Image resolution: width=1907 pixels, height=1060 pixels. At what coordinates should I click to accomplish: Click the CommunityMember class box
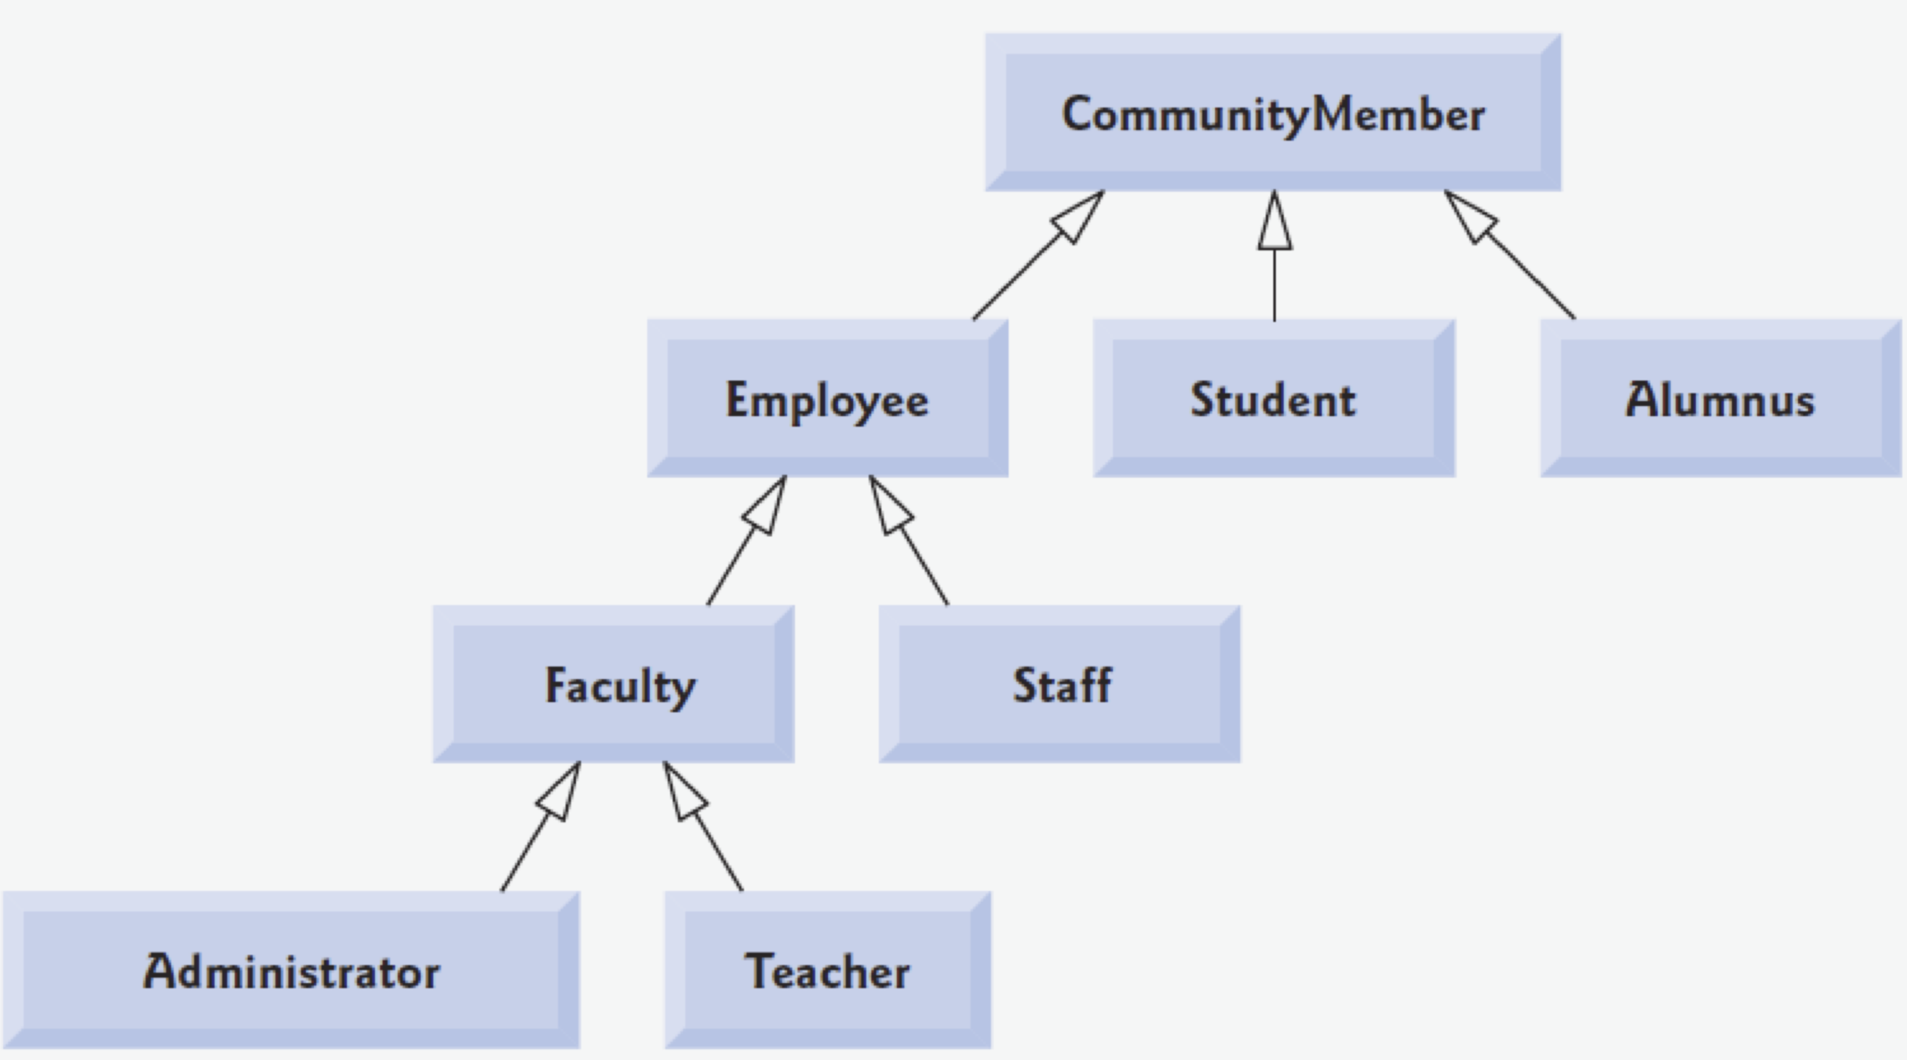pos(1273,112)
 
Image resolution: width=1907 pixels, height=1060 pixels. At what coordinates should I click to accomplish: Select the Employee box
pos(827,398)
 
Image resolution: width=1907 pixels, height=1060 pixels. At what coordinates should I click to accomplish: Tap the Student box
pos(1274,398)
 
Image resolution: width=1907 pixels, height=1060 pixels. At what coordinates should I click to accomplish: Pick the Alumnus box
pos(1720,398)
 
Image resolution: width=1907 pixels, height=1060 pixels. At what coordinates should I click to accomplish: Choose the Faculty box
pos(613,684)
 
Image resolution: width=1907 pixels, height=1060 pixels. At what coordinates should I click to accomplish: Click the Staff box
pos(1059,684)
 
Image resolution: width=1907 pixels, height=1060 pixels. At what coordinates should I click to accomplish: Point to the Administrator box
pos(291,970)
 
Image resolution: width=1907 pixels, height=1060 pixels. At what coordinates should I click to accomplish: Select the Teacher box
pos(827,970)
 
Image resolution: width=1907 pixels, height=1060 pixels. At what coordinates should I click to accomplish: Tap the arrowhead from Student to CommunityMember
pos(1274,224)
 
